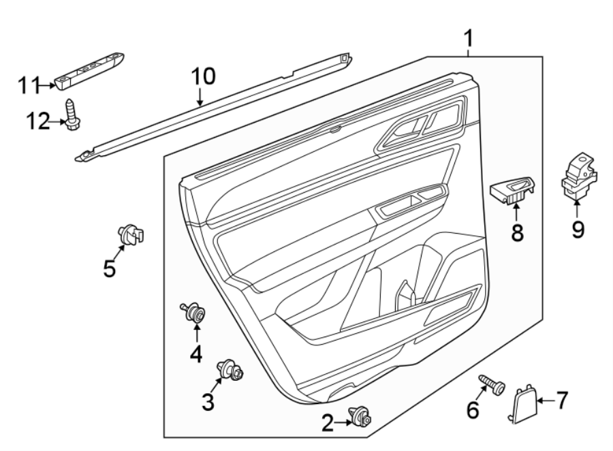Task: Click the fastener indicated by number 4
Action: (196, 314)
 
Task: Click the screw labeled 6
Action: (491, 385)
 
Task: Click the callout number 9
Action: (578, 230)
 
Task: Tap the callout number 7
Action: (561, 400)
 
